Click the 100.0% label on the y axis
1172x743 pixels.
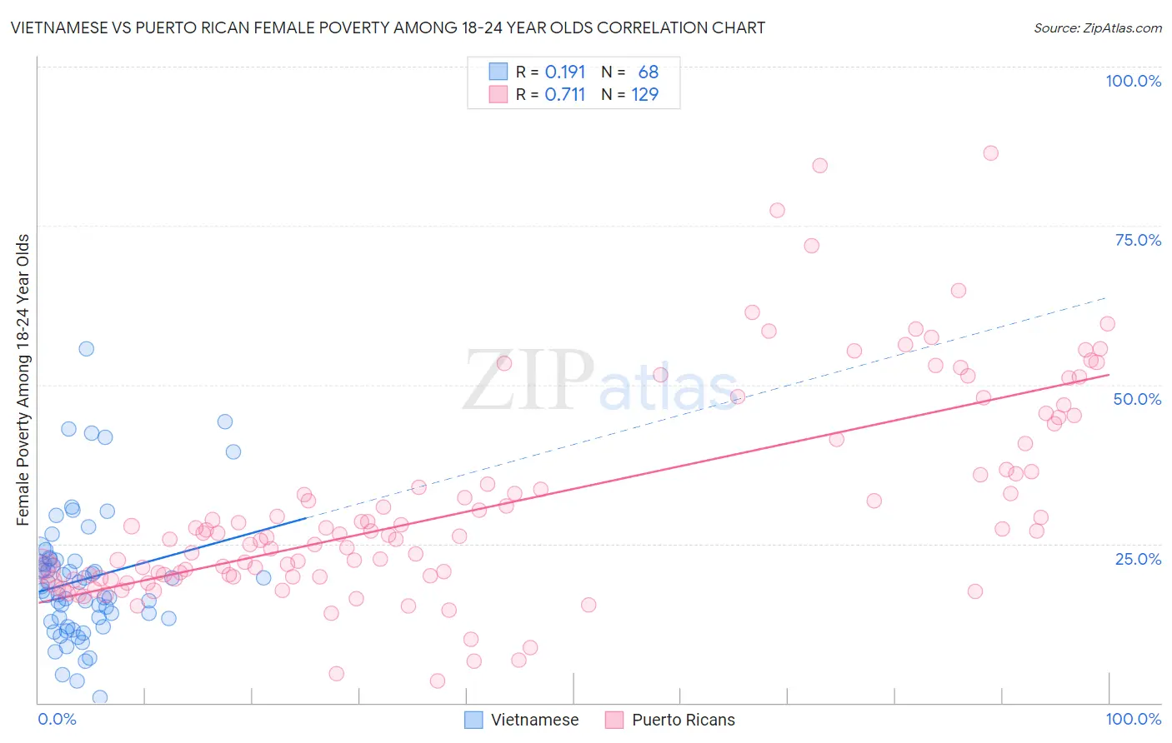[1133, 81]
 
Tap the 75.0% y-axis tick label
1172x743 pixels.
[1138, 240]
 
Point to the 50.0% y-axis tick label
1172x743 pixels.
[1137, 399]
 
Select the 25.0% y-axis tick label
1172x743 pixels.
[1138, 559]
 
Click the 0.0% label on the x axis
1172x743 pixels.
[57, 719]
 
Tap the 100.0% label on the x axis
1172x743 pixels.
[1133, 719]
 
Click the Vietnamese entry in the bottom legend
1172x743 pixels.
[534, 720]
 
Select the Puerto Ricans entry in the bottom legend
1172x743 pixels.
[683, 720]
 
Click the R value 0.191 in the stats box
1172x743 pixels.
[565, 72]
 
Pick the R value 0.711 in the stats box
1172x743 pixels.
[565, 94]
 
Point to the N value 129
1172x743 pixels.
[644, 94]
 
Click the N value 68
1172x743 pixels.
[648, 72]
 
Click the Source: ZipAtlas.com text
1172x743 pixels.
[1097, 27]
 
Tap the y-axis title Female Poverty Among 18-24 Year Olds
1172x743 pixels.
[23, 380]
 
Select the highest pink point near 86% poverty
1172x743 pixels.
[990, 152]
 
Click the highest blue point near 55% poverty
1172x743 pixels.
[86, 349]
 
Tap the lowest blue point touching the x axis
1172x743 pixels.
[99, 697]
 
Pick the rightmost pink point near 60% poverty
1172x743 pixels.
[1107, 324]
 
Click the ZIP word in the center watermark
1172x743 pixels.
[528, 381]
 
